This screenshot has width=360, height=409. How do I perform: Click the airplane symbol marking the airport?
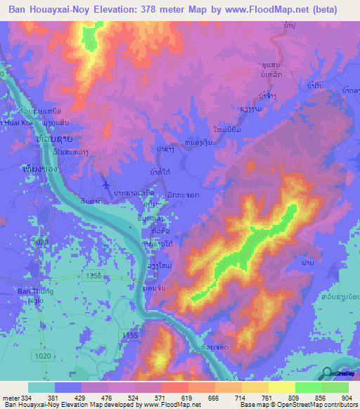105,185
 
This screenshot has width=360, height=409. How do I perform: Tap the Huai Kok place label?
14,122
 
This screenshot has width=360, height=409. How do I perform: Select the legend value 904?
347,398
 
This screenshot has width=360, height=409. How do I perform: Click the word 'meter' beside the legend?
11,398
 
